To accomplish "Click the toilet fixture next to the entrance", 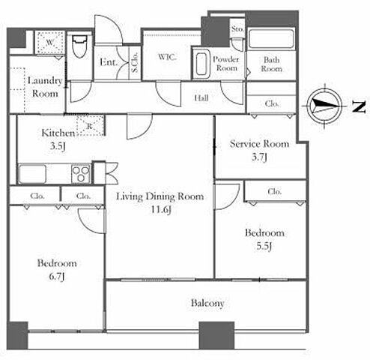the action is [80, 46].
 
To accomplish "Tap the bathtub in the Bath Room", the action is [271, 40].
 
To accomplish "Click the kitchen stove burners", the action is [81, 173].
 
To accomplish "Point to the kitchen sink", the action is [32, 173].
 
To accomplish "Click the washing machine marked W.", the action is [50, 42].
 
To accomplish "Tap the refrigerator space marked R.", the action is [90, 126].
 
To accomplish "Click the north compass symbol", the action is [324, 106].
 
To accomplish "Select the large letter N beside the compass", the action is [359, 106].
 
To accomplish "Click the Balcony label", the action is [207, 303].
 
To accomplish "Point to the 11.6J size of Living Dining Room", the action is [160, 209].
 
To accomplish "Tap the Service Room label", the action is [259, 144].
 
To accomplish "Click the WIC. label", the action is [167, 57].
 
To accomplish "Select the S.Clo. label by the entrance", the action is [135, 62].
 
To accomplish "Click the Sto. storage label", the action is [237, 29].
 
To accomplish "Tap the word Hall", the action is [201, 97].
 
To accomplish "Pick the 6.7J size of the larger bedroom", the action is [57, 277].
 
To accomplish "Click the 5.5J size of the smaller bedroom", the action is [264, 246].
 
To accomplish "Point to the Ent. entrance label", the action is [109, 62].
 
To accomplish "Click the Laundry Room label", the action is [45, 87].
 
